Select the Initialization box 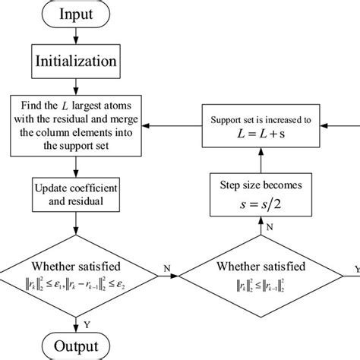pyautogui.click(x=73, y=61)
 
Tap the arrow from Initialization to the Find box pyautogui.click(x=73, y=85)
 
